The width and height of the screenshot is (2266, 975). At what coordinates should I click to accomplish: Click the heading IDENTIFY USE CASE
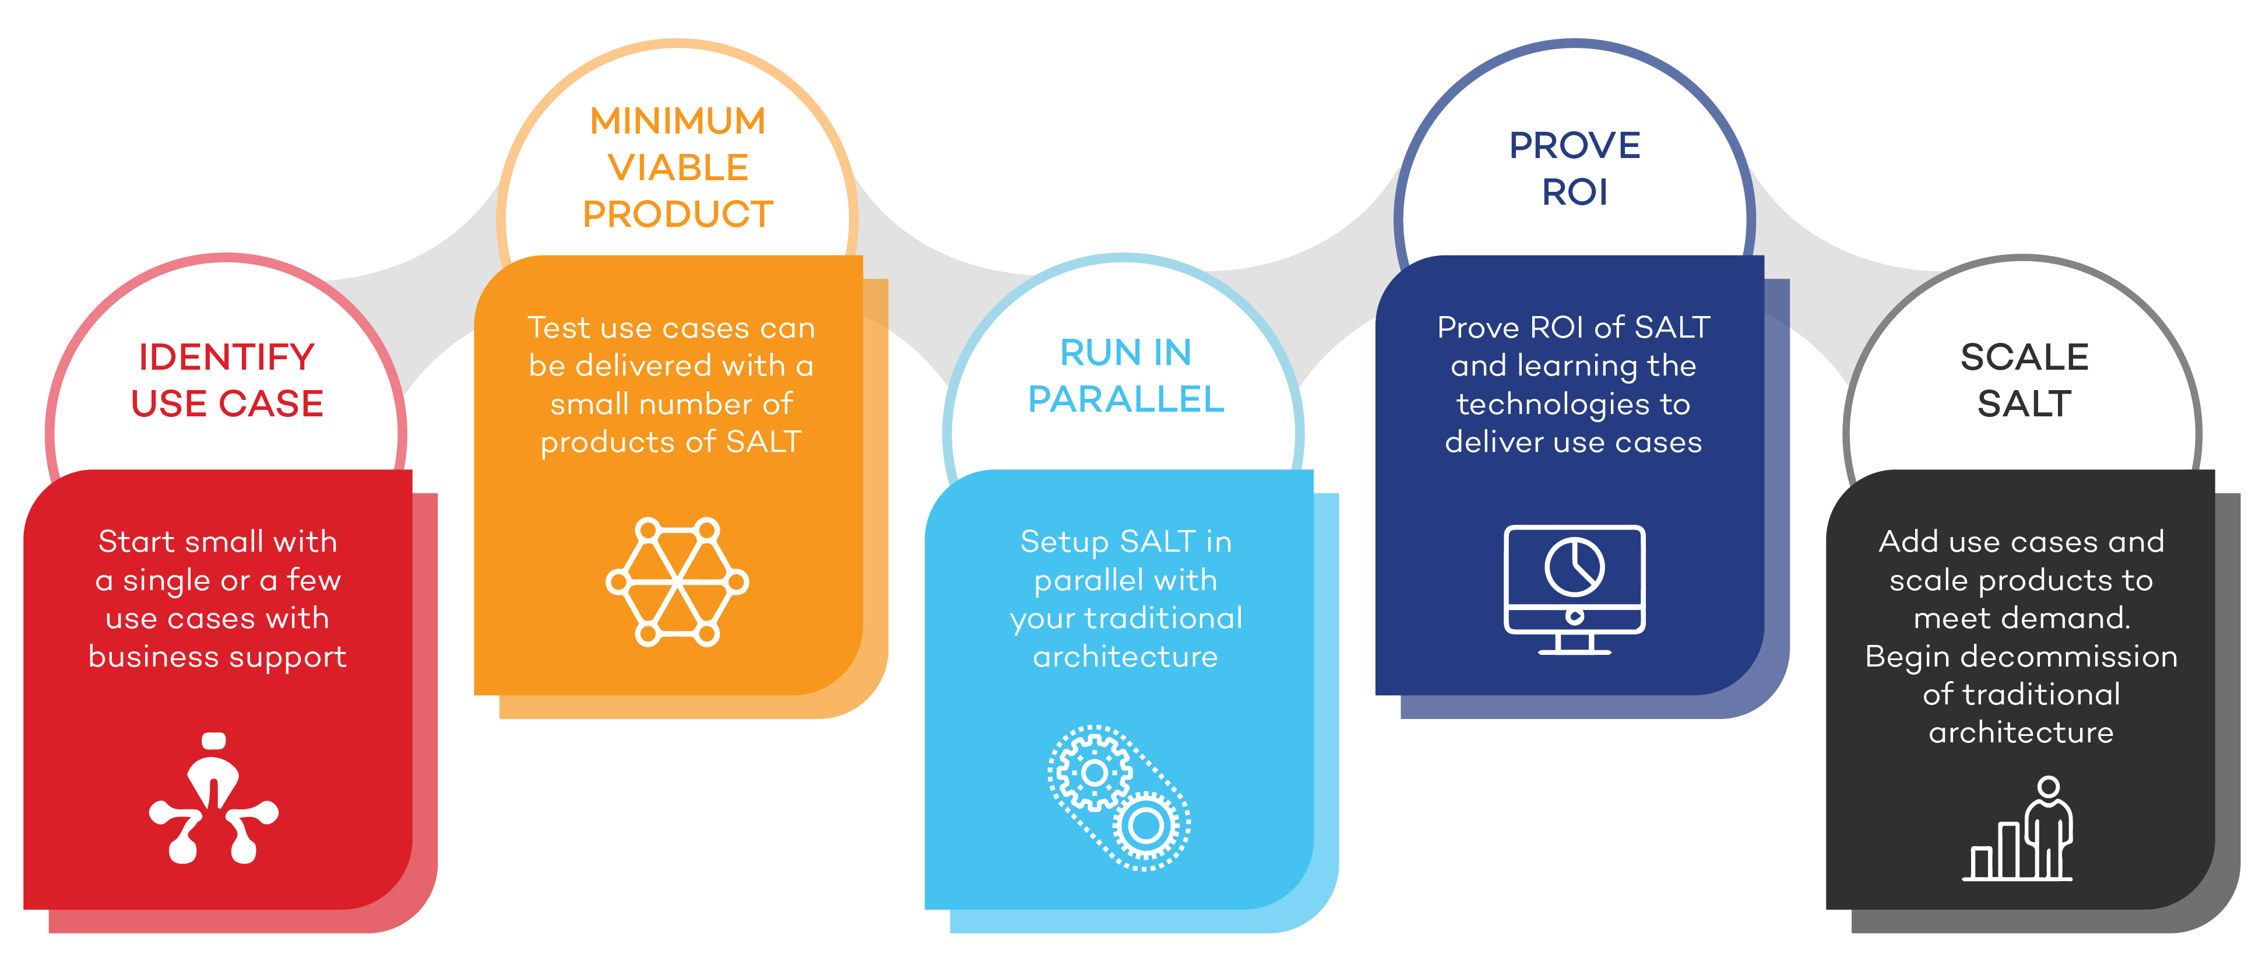point(227,380)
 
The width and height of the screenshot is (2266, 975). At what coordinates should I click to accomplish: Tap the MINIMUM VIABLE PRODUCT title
point(677,167)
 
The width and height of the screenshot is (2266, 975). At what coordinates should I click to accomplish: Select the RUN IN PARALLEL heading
point(1126,376)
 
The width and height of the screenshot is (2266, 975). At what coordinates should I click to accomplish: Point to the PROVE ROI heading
point(1575,168)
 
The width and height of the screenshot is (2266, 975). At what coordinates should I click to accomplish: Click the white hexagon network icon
point(677,581)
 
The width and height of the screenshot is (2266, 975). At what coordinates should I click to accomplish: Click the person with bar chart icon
point(2017,828)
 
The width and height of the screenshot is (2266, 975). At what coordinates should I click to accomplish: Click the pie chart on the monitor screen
point(1575,567)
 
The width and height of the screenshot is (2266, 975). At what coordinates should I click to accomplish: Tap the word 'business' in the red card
point(154,657)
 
